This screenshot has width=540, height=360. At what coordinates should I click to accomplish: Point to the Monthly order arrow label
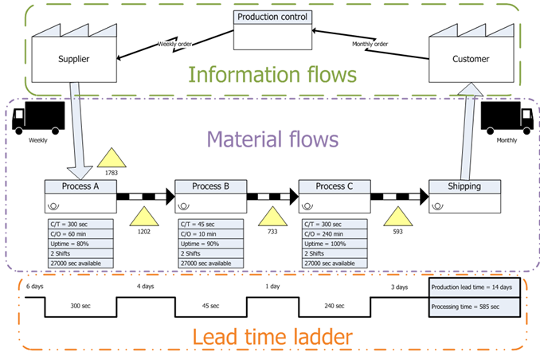tap(370, 44)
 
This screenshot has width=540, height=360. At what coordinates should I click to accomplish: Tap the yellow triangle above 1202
tap(143, 216)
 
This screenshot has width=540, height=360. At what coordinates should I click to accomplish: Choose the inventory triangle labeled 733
tap(272, 216)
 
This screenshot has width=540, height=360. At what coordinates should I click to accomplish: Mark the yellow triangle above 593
tap(397, 216)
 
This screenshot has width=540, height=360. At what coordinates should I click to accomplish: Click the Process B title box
tap(209, 186)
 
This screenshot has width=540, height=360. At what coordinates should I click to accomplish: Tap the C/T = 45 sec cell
tap(209, 225)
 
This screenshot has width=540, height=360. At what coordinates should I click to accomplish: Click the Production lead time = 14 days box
tap(474, 287)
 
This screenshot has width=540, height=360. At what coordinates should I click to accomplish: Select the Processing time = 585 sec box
tap(474, 307)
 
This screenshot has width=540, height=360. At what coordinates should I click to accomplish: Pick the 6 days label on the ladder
tap(34, 286)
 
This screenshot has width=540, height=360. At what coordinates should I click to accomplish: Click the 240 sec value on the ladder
tap(335, 306)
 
